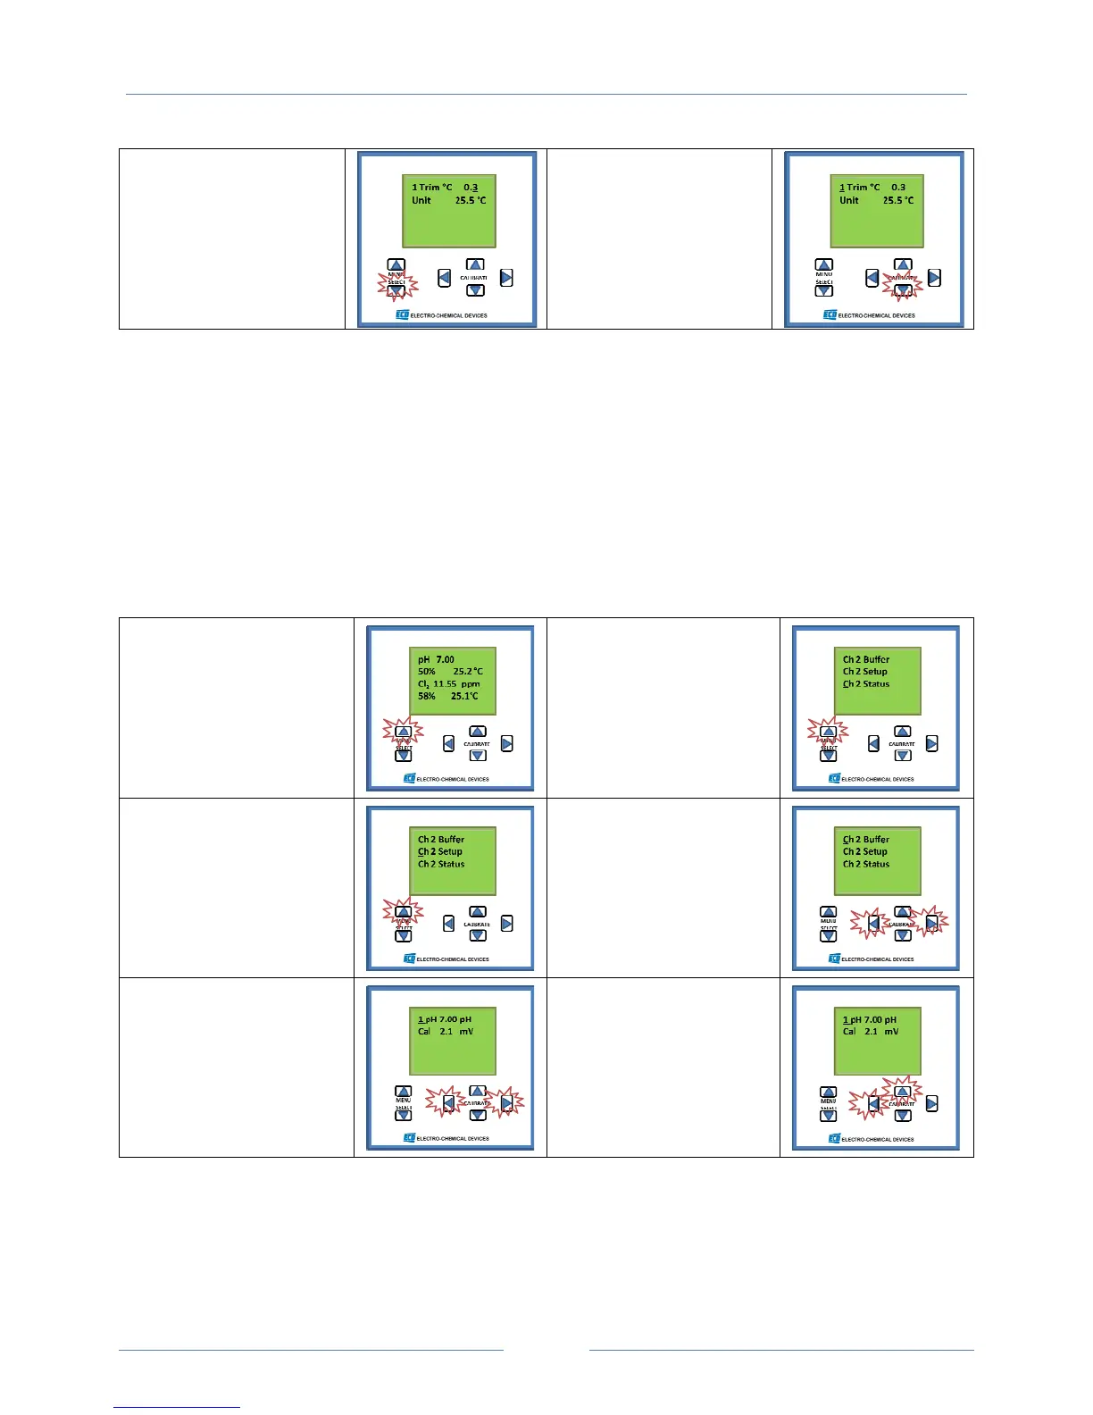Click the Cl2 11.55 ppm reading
[448, 684]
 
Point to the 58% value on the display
[427, 696]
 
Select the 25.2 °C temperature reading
[469, 672]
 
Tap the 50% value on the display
[427, 672]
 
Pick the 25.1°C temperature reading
[464, 696]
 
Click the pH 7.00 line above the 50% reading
[436, 659]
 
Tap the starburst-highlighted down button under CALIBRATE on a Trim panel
[903, 289]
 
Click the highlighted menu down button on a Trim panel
[396, 289]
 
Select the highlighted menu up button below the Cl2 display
[403, 732]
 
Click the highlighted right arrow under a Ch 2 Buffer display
[931, 924]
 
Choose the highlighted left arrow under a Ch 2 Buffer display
[873, 924]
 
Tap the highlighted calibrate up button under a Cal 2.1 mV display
[903, 1092]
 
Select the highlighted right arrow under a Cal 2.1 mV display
[506, 1103]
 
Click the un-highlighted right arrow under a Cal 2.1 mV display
[931, 1103]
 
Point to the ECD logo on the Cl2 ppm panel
[409, 779]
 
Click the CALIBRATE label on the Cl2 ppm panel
[477, 744]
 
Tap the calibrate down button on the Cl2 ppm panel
[478, 756]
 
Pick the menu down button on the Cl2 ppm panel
[403, 756]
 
